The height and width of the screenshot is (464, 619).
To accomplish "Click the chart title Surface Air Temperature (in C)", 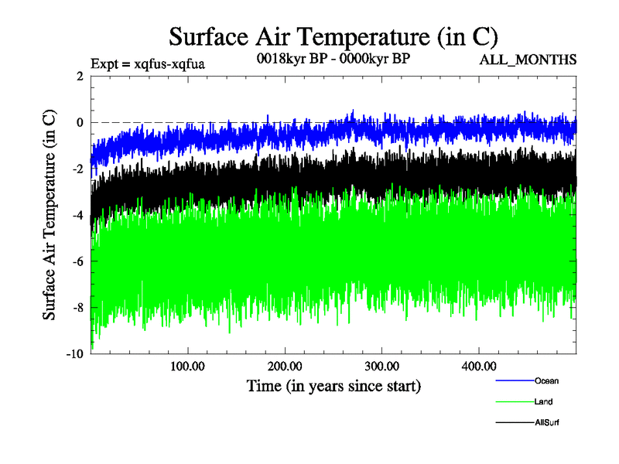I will [x=333, y=36].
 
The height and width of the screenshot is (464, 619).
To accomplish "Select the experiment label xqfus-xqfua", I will [x=147, y=63].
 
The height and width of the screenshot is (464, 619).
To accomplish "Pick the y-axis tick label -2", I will [x=77, y=169].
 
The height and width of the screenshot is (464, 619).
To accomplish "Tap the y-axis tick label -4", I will [x=77, y=215].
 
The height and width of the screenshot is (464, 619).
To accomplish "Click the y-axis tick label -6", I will [x=77, y=261].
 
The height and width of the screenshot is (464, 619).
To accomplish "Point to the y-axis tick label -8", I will [x=77, y=308].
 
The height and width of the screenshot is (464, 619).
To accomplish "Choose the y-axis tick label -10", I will [x=74, y=354].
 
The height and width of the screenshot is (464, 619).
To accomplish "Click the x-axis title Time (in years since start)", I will [x=334, y=385].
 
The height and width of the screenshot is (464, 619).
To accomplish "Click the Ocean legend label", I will [x=545, y=380].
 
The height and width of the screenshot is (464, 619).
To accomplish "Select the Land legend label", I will [x=542, y=401].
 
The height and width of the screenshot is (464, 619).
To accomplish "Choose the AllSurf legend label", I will [x=545, y=422].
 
